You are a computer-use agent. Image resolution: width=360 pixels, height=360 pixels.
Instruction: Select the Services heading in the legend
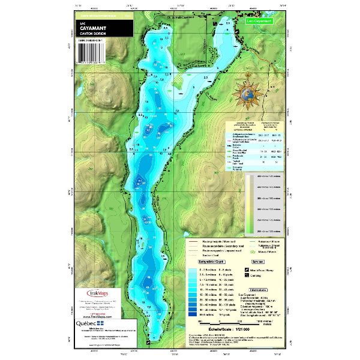click(x=258, y=262)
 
